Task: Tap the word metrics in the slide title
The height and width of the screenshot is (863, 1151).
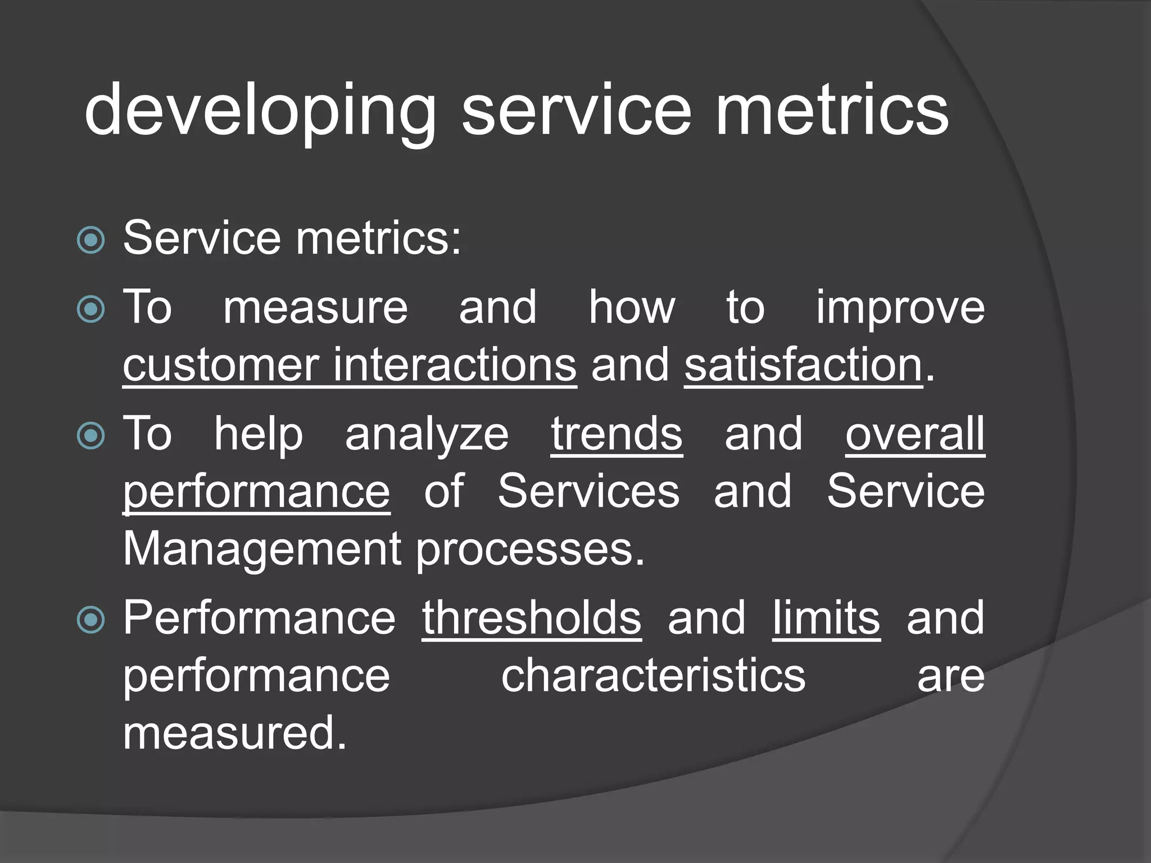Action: [x=831, y=110]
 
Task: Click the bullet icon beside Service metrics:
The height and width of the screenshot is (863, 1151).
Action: [x=90, y=240]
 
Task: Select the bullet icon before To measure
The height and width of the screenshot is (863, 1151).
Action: [x=90, y=309]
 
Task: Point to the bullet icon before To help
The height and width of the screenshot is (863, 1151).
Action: [x=90, y=435]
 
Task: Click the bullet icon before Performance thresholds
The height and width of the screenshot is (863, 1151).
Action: [x=90, y=620]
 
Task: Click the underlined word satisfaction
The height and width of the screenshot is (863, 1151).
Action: [x=803, y=366]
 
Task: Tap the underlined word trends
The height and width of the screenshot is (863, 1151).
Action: [x=617, y=434]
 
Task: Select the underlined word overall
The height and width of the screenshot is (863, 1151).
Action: [x=915, y=434]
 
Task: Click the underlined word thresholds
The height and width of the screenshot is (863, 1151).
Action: [x=531, y=618]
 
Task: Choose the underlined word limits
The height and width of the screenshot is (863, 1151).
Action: [x=826, y=618]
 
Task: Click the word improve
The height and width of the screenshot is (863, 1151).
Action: [x=900, y=308]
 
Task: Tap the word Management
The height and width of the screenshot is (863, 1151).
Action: [x=261, y=549]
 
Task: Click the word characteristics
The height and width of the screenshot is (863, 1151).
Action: [x=653, y=675]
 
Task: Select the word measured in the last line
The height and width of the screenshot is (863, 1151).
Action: [x=234, y=733]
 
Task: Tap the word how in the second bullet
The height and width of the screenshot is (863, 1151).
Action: [x=632, y=308]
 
